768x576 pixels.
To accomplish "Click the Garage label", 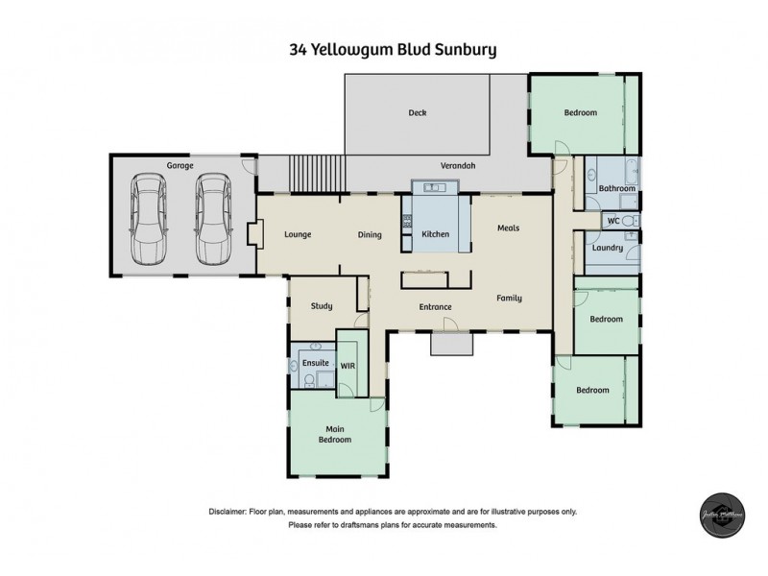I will point(180,166).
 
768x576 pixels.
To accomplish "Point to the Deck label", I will point(417,112).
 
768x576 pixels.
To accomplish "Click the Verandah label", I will point(458,165).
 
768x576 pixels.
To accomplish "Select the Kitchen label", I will point(436,234).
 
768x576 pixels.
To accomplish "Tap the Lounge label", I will point(300,234).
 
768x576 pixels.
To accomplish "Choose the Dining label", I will point(370,234).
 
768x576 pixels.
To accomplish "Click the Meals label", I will point(508,228).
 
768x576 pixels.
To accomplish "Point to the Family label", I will point(509,298).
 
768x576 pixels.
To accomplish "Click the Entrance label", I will point(435,307).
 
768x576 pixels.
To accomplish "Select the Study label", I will point(321,306).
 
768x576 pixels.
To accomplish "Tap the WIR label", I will point(348,365).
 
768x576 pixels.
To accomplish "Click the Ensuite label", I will point(316,365).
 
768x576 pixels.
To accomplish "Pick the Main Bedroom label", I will point(335,434).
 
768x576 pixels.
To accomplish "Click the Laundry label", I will point(608,248).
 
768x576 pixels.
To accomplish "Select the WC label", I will point(612,221).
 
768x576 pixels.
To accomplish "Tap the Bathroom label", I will point(616,188).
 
